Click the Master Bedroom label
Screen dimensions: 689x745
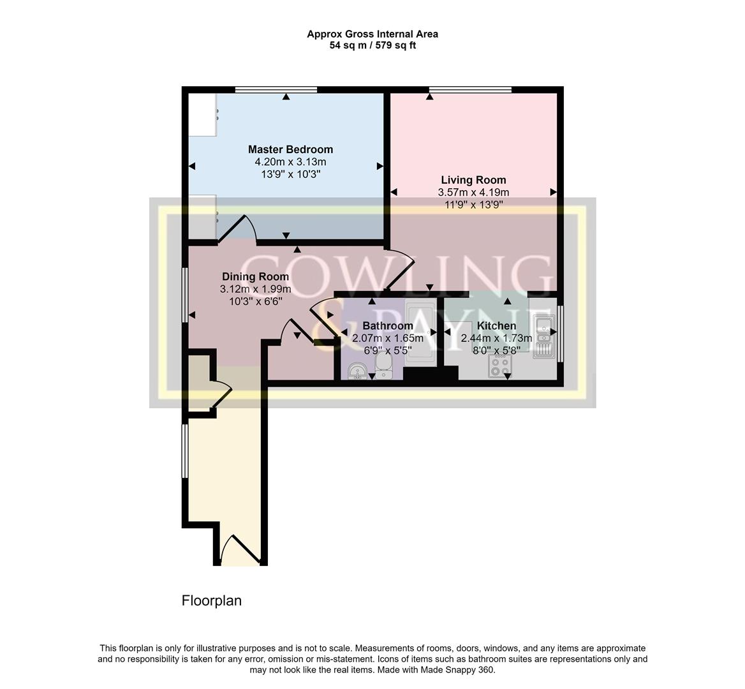click(x=290, y=149)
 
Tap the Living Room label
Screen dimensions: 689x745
click(x=473, y=180)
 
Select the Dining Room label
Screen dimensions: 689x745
click(x=255, y=277)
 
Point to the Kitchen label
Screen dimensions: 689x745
click(x=496, y=326)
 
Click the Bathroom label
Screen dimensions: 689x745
click(x=388, y=326)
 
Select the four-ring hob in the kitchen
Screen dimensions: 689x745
click(x=499, y=366)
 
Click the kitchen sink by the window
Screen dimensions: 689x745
click(x=543, y=336)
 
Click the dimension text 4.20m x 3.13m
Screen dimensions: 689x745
click(x=290, y=161)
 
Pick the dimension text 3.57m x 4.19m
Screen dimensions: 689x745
click(x=473, y=192)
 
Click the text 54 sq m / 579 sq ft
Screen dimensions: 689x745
click(x=372, y=45)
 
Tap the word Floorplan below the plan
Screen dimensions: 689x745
click(x=212, y=600)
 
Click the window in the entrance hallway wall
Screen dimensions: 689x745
click(x=184, y=450)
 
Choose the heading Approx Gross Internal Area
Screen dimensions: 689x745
click(x=372, y=34)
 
